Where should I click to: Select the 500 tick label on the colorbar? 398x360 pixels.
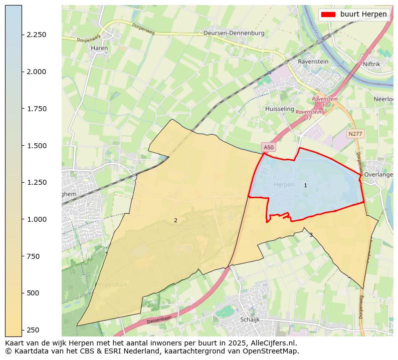[x=34, y=293]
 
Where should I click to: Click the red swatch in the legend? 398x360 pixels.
[x=329, y=15]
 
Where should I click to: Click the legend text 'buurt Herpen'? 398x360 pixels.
[x=363, y=15]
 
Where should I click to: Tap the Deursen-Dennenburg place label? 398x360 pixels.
[x=234, y=33]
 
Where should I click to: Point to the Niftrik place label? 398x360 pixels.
[x=371, y=64]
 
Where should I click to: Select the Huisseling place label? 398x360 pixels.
[x=279, y=109]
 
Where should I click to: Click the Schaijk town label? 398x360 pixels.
[x=249, y=319]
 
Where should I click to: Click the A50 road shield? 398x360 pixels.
[x=269, y=147]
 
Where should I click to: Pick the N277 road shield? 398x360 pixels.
[x=355, y=134]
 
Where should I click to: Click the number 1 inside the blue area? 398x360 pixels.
[x=305, y=186]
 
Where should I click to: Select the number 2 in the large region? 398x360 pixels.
[x=175, y=220]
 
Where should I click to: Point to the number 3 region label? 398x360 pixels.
[x=311, y=235]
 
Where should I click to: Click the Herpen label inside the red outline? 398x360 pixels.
[x=284, y=185]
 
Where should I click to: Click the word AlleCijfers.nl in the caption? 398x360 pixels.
[x=275, y=343]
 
